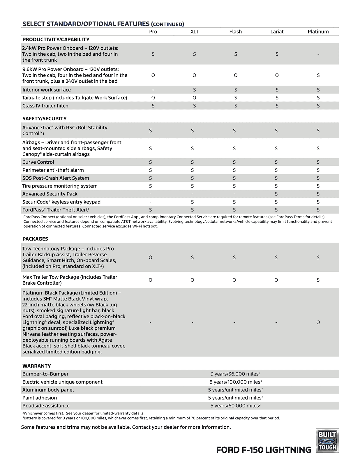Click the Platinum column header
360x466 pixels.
(x=318, y=32)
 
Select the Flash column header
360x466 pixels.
(x=235, y=32)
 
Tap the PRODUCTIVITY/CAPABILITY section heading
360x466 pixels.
(x=56, y=40)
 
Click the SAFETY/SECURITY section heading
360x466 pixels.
(x=45, y=119)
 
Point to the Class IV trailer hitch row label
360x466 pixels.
(x=45, y=106)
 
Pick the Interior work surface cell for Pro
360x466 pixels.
(x=153, y=90)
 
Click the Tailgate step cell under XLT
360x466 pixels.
(x=194, y=98)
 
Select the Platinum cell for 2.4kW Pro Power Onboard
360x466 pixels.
(x=318, y=54)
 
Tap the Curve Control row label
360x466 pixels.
(x=38, y=162)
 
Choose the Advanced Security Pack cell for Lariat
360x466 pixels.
(x=276, y=194)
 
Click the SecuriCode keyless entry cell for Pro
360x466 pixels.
(x=150, y=202)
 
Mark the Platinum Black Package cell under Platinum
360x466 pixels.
(x=318, y=322)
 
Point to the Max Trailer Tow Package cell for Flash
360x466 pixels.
(x=234, y=280)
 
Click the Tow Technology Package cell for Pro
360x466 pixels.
(x=150, y=257)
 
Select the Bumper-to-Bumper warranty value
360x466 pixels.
(x=235, y=374)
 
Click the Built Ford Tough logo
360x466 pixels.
(x=327, y=441)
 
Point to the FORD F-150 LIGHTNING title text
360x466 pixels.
(x=264, y=450)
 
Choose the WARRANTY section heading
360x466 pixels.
(x=37, y=366)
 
